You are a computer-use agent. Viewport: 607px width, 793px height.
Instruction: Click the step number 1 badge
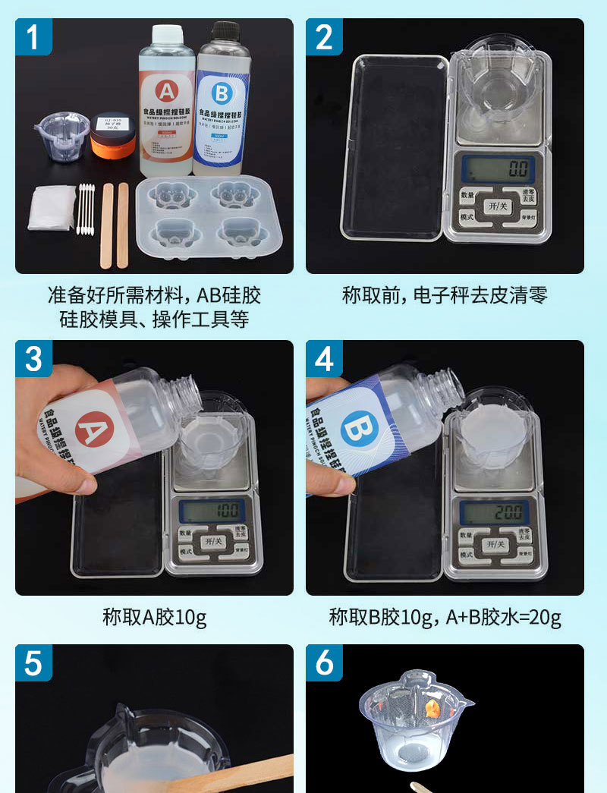tap(33, 36)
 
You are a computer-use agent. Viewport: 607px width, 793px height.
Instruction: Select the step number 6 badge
tap(324, 662)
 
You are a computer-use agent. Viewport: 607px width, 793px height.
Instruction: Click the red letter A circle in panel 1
tap(165, 92)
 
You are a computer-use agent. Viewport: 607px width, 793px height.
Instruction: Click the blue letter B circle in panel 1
tap(221, 94)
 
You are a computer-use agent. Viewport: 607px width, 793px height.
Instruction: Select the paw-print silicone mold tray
tap(210, 219)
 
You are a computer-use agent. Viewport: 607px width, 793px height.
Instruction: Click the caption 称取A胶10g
tap(154, 617)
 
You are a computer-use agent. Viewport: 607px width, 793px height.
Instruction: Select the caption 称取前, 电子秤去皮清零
tap(445, 295)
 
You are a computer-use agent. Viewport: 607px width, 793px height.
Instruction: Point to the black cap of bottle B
tap(225, 31)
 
